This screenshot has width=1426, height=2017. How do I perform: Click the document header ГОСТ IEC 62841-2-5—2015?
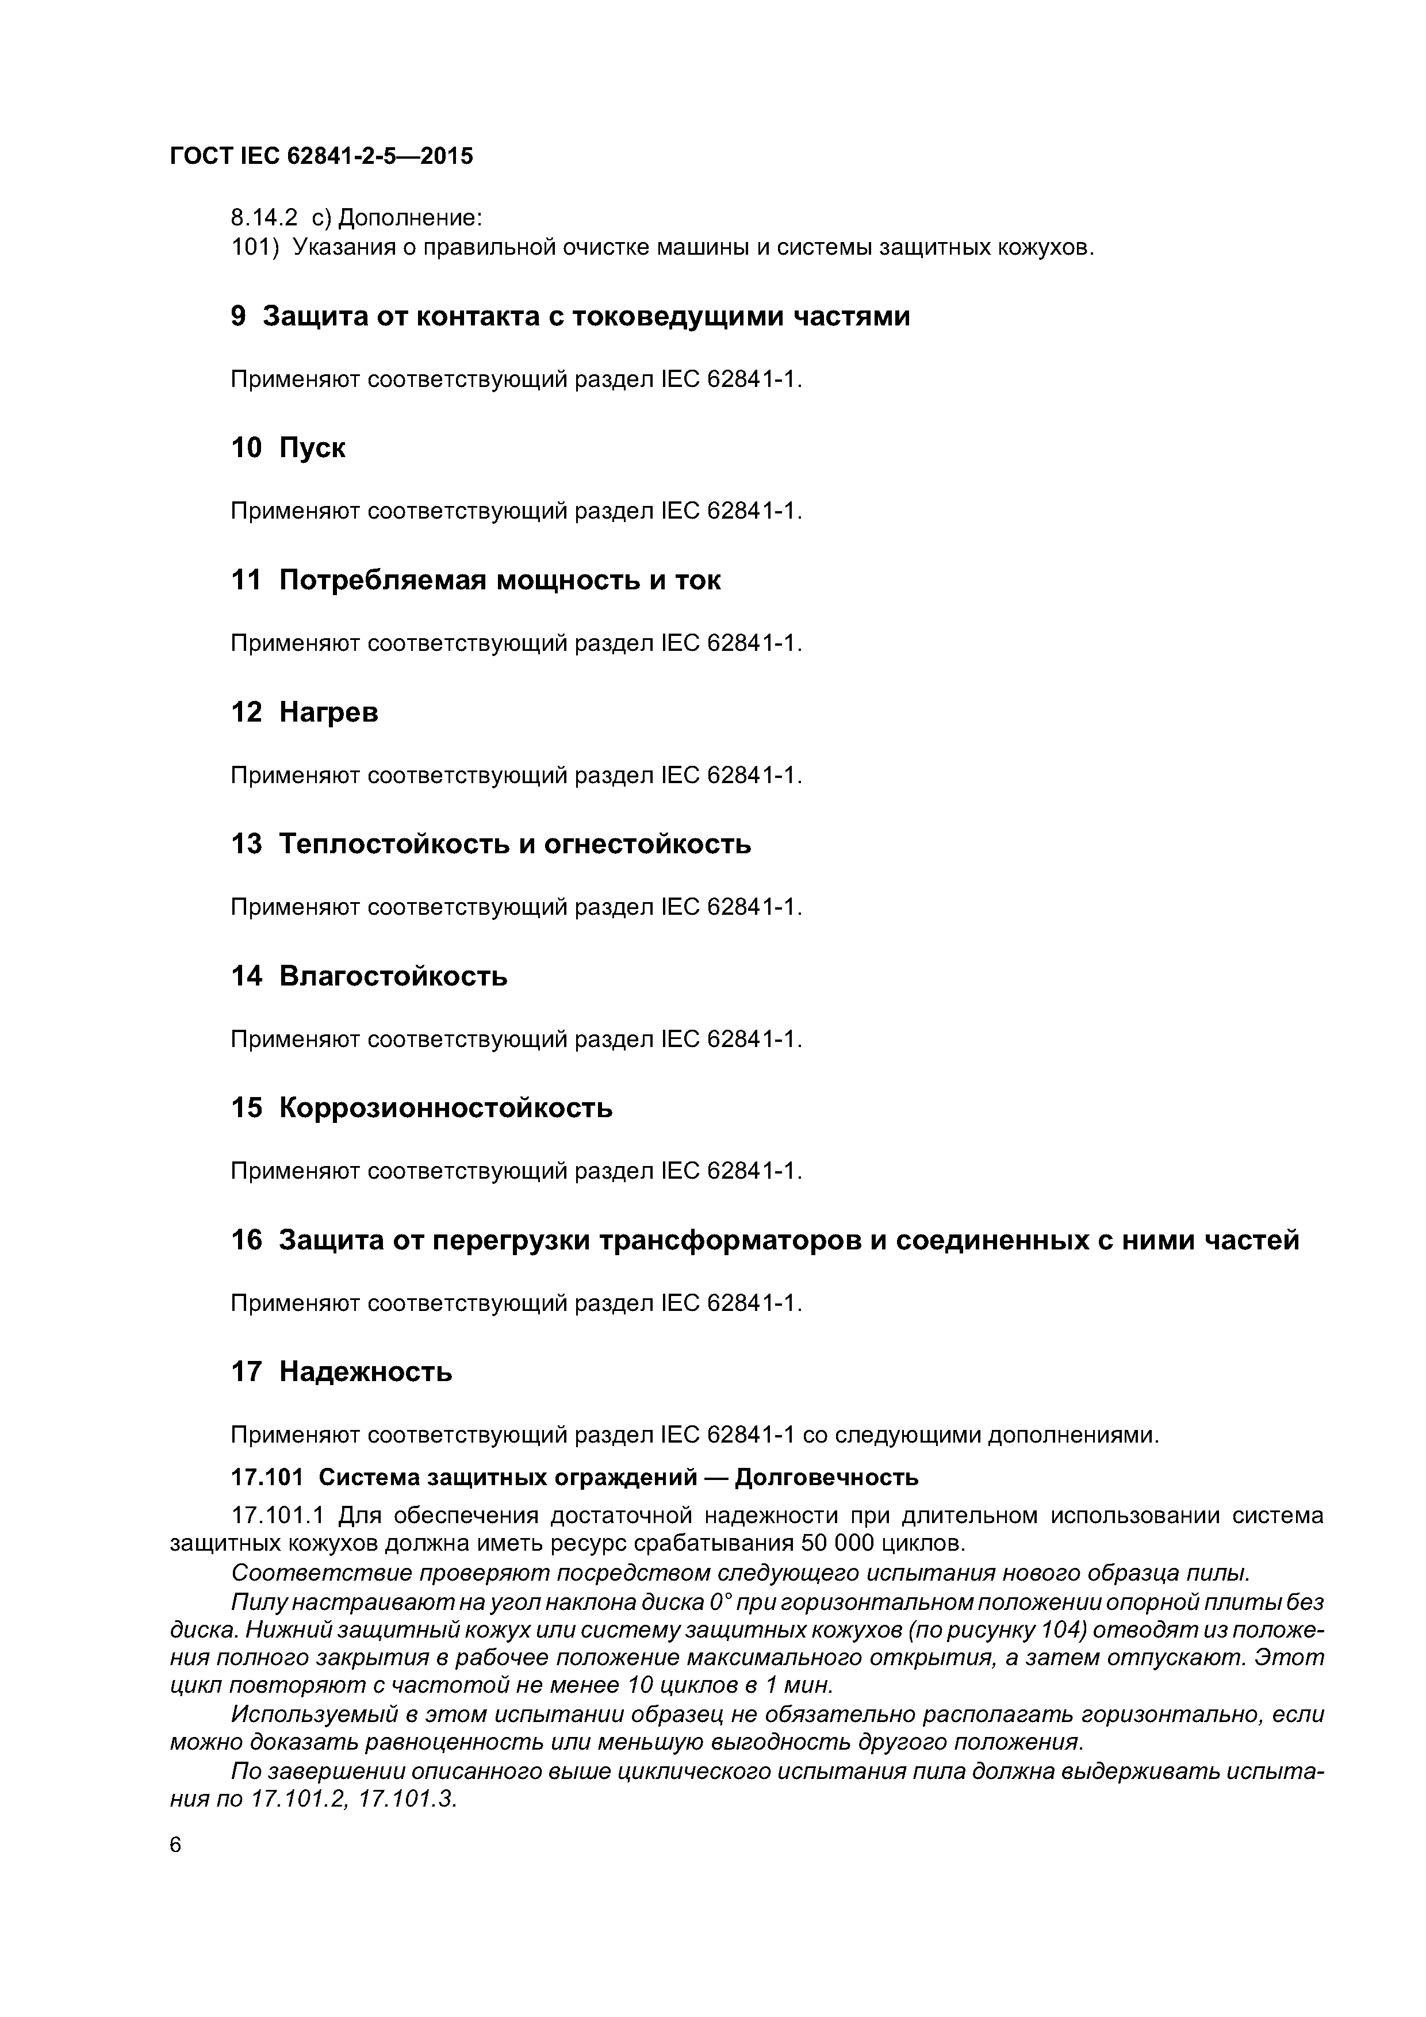tap(321, 156)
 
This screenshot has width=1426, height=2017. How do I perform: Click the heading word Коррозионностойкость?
tap(446, 1108)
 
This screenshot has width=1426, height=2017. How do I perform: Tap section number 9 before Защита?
tap(238, 316)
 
